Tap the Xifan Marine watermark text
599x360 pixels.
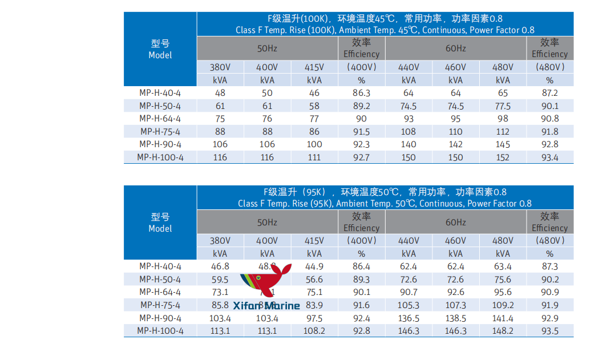(266, 306)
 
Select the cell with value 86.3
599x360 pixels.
(361, 93)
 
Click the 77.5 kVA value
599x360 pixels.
(503, 106)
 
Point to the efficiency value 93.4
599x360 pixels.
(549, 157)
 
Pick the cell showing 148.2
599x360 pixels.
(503, 331)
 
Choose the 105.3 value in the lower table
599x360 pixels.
(408, 305)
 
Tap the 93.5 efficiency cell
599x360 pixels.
(549, 331)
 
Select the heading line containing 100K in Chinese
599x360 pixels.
(385, 19)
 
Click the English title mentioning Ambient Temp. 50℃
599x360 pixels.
(385, 204)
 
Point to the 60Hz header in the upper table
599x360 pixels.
(456, 48)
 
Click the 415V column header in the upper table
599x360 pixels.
(314, 67)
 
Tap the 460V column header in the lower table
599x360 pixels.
(456, 241)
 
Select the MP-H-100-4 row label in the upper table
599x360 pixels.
(160, 157)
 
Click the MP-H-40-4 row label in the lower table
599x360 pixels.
(160, 266)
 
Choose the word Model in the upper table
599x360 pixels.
(160, 55)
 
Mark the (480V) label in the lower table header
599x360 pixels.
(549, 241)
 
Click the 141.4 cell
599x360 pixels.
(503, 318)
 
